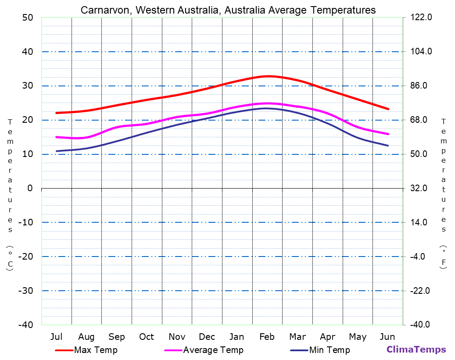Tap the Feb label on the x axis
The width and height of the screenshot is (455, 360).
click(x=267, y=337)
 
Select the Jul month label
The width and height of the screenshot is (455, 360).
click(x=56, y=337)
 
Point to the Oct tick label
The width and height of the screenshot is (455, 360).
click(x=147, y=337)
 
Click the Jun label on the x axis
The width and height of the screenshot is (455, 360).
click(x=387, y=337)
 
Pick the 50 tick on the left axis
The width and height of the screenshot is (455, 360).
click(x=27, y=18)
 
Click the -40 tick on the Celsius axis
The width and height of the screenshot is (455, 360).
click(x=25, y=324)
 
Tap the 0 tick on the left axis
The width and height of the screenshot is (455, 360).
click(x=30, y=188)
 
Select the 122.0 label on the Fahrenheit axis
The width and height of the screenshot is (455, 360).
click(x=421, y=18)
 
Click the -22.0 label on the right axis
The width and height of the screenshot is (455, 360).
click(x=420, y=291)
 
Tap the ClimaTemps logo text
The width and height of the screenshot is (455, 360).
click(x=416, y=349)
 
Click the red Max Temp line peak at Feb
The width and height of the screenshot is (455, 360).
click(x=267, y=76)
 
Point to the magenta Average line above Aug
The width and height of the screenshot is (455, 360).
click(x=86, y=138)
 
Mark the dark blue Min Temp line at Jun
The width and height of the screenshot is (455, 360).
click(x=387, y=145)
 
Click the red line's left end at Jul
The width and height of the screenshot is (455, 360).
click(x=57, y=113)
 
